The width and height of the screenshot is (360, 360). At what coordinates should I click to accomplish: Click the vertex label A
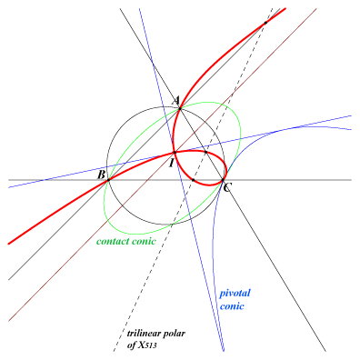(176, 100)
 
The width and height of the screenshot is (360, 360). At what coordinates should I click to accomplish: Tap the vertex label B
(101, 175)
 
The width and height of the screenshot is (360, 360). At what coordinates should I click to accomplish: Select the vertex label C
(227, 188)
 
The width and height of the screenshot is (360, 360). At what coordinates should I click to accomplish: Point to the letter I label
(171, 164)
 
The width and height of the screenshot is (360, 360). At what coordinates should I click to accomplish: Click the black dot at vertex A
(180, 108)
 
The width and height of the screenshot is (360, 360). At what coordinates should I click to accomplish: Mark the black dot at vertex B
(108, 180)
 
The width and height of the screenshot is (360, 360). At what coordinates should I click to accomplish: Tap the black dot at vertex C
(223, 180)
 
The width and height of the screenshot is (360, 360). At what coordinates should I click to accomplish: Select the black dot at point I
(175, 153)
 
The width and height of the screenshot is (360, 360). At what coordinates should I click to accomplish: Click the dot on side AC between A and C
(205, 152)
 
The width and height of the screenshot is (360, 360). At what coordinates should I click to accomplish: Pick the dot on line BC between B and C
(194, 180)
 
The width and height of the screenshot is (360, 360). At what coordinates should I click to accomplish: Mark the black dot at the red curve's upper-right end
(265, 23)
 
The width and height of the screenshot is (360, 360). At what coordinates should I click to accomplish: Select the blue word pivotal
(235, 294)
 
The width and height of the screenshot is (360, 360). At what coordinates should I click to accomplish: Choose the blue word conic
(232, 306)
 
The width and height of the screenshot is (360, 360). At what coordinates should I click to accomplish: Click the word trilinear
(144, 334)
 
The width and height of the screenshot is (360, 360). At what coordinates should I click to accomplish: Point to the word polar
(175, 335)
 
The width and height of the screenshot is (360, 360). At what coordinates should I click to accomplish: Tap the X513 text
(147, 345)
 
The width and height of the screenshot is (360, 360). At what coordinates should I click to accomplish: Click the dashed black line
(193, 180)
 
